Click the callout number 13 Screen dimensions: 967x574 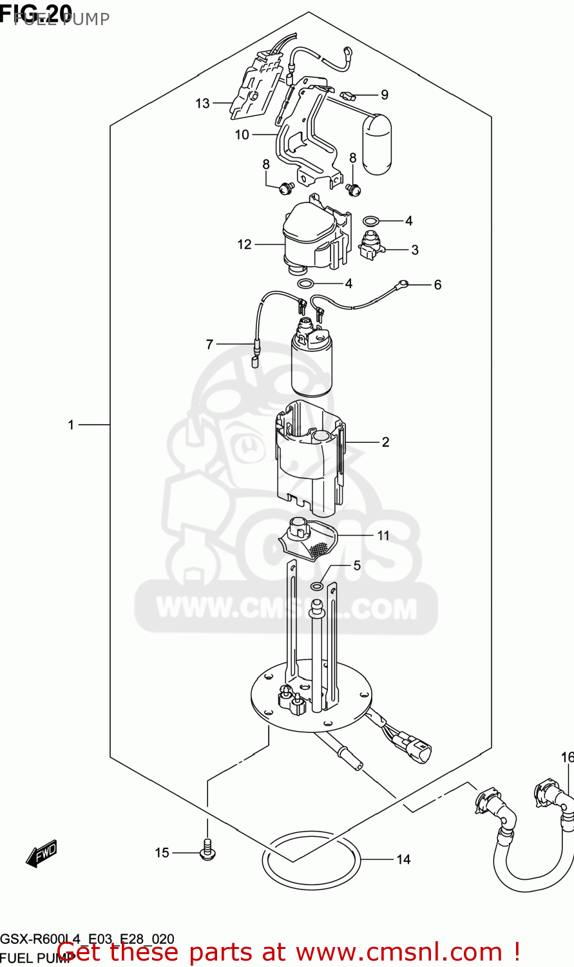[202, 103]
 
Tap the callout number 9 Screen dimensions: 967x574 [385, 95]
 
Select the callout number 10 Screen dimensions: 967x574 [242, 135]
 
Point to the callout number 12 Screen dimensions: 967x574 [244, 244]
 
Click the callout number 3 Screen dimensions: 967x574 [415, 249]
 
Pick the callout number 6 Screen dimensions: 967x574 [437, 284]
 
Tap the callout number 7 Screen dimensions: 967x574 [209, 344]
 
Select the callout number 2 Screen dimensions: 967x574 [385, 442]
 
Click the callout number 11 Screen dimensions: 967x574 [383, 535]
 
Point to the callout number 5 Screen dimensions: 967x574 [357, 565]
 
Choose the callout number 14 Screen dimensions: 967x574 [403, 859]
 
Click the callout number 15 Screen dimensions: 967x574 [162, 853]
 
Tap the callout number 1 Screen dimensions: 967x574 [72, 425]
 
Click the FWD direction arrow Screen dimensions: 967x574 [42, 854]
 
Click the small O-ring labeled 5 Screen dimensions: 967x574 [317, 586]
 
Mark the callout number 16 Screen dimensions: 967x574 [567, 757]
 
